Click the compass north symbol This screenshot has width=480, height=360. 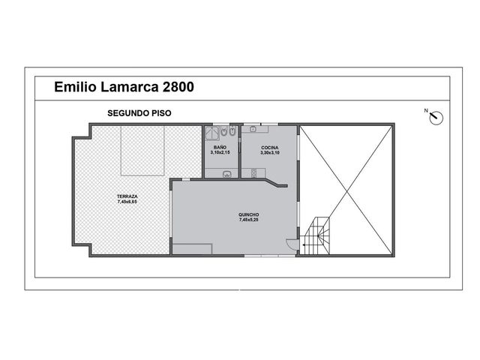436,118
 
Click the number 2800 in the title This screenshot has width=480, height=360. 178,87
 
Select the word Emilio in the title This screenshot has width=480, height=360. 75,87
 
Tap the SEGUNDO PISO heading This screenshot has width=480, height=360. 139,113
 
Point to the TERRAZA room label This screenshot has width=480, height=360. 127,196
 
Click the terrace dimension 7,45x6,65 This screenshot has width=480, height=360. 127,202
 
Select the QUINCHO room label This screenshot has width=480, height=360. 248,215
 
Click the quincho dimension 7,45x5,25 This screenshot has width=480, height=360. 248,220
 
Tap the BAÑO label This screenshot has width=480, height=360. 220,148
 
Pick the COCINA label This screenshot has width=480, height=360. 270,148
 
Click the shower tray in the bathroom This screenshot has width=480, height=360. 211,133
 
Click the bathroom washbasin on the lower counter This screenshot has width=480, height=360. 226,175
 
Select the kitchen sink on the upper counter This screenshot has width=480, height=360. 253,129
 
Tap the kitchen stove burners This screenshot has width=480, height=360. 253,173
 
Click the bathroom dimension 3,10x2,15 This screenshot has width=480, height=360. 220,152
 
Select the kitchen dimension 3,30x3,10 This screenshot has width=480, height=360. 270,153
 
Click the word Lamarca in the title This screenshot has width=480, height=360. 130,87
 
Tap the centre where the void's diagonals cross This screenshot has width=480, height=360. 346,190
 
